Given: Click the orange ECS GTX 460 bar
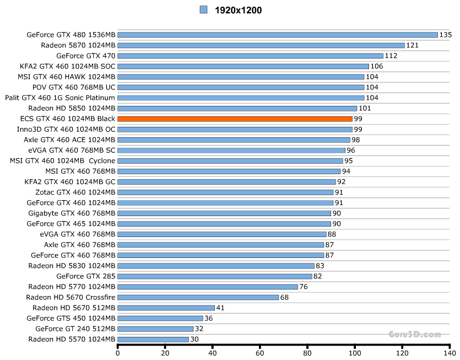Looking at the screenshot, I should click(235, 119).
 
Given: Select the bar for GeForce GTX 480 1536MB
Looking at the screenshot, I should click(278, 35).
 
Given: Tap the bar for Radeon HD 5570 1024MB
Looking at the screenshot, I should click(153, 339).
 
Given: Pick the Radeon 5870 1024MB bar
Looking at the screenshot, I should click(261, 45).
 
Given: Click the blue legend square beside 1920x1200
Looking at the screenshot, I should click(204, 9).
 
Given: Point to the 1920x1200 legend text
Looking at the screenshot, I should click(238, 9).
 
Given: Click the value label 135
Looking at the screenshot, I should click(446, 35).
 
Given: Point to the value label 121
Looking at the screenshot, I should click(413, 45).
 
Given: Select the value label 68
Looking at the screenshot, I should click(285, 297).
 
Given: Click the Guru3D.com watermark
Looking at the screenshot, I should click(414, 334).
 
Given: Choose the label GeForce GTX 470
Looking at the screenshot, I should click(86, 56).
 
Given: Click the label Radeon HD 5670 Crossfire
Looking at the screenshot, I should click(71, 297).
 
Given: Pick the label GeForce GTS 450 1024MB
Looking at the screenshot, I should click(71, 318).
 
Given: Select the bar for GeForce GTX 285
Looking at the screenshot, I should click(215, 276).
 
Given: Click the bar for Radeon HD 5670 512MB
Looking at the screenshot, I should click(166, 308).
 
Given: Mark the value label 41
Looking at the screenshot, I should click(220, 308).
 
